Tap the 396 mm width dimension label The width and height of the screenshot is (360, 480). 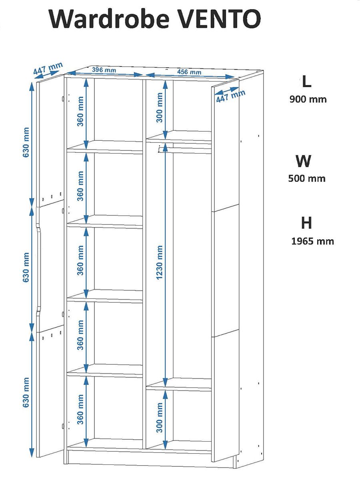(104, 70)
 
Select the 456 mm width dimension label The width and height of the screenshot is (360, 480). (189, 72)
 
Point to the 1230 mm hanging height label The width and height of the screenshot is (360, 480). (160, 262)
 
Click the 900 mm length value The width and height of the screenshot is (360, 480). (308, 99)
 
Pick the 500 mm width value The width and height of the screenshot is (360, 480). (307, 178)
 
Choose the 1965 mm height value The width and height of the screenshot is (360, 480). (312, 241)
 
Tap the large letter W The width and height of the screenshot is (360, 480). (303, 161)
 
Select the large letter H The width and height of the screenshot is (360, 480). (306, 223)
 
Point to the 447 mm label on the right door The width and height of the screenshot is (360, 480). (231, 96)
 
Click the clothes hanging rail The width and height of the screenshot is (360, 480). (185, 150)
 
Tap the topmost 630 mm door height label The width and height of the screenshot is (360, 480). (26, 142)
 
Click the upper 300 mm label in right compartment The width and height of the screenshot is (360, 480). (160, 108)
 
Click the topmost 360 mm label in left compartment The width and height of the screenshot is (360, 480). (80, 111)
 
